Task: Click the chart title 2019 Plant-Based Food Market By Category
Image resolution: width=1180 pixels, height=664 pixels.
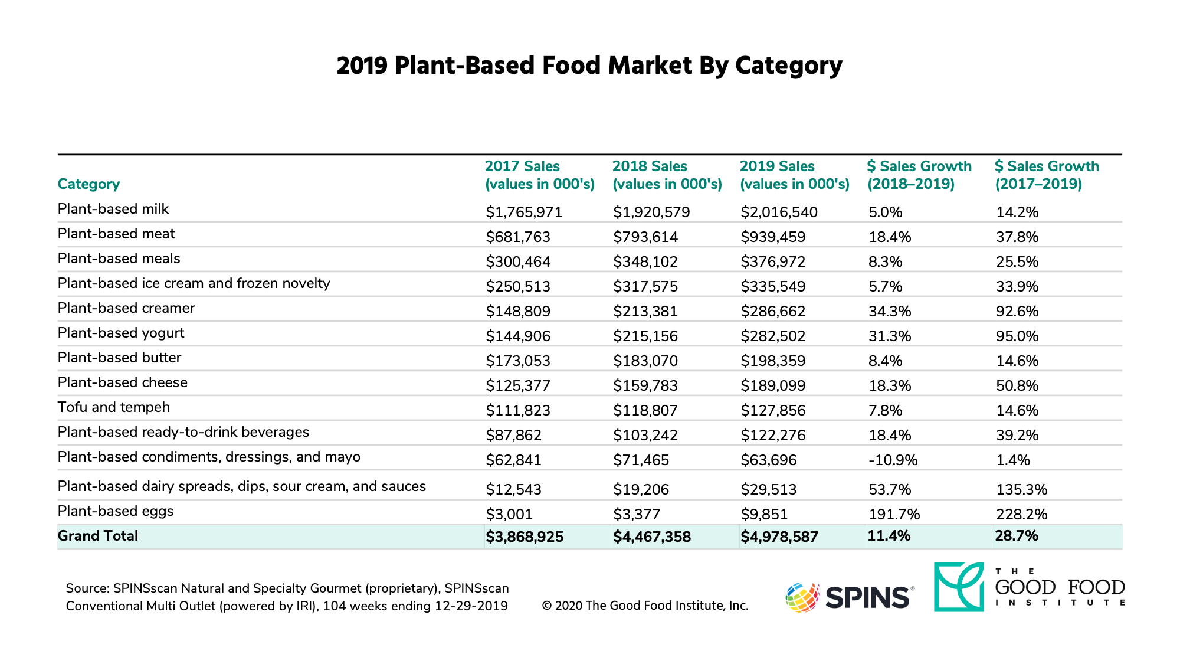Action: pos(589,66)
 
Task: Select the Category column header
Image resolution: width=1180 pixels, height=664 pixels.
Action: pos(88,184)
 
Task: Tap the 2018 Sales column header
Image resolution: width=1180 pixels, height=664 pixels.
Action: pos(667,175)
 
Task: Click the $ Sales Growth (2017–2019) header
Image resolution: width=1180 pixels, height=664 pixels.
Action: pos(1047,175)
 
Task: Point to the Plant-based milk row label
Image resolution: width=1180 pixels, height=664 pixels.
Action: pos(113,209)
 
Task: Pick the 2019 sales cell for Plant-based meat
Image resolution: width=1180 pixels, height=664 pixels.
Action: pos(773,237)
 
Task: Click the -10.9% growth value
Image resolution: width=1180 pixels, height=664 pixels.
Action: pos(893,460)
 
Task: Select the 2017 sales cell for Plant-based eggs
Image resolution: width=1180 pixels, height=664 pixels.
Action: pos(509,514)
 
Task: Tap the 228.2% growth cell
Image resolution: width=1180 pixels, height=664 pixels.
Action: pos(1021,514)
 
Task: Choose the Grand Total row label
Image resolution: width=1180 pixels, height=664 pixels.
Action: pos(98,536)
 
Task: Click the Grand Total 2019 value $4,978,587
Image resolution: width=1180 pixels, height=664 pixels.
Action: pos(779,537)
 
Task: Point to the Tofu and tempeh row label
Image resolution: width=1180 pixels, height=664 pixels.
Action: pos(114,407)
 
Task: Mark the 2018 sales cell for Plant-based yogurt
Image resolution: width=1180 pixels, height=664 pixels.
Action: pos(645,336)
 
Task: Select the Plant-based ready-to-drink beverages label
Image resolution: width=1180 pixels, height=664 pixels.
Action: pos(183,432)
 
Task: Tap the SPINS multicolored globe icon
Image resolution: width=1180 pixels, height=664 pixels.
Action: pos(802,597)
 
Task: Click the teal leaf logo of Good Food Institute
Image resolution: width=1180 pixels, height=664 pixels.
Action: pos(959,587)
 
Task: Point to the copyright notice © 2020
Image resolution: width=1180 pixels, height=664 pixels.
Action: pos(645,606)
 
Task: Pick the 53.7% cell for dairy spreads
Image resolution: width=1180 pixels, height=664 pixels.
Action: pos(890,489)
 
